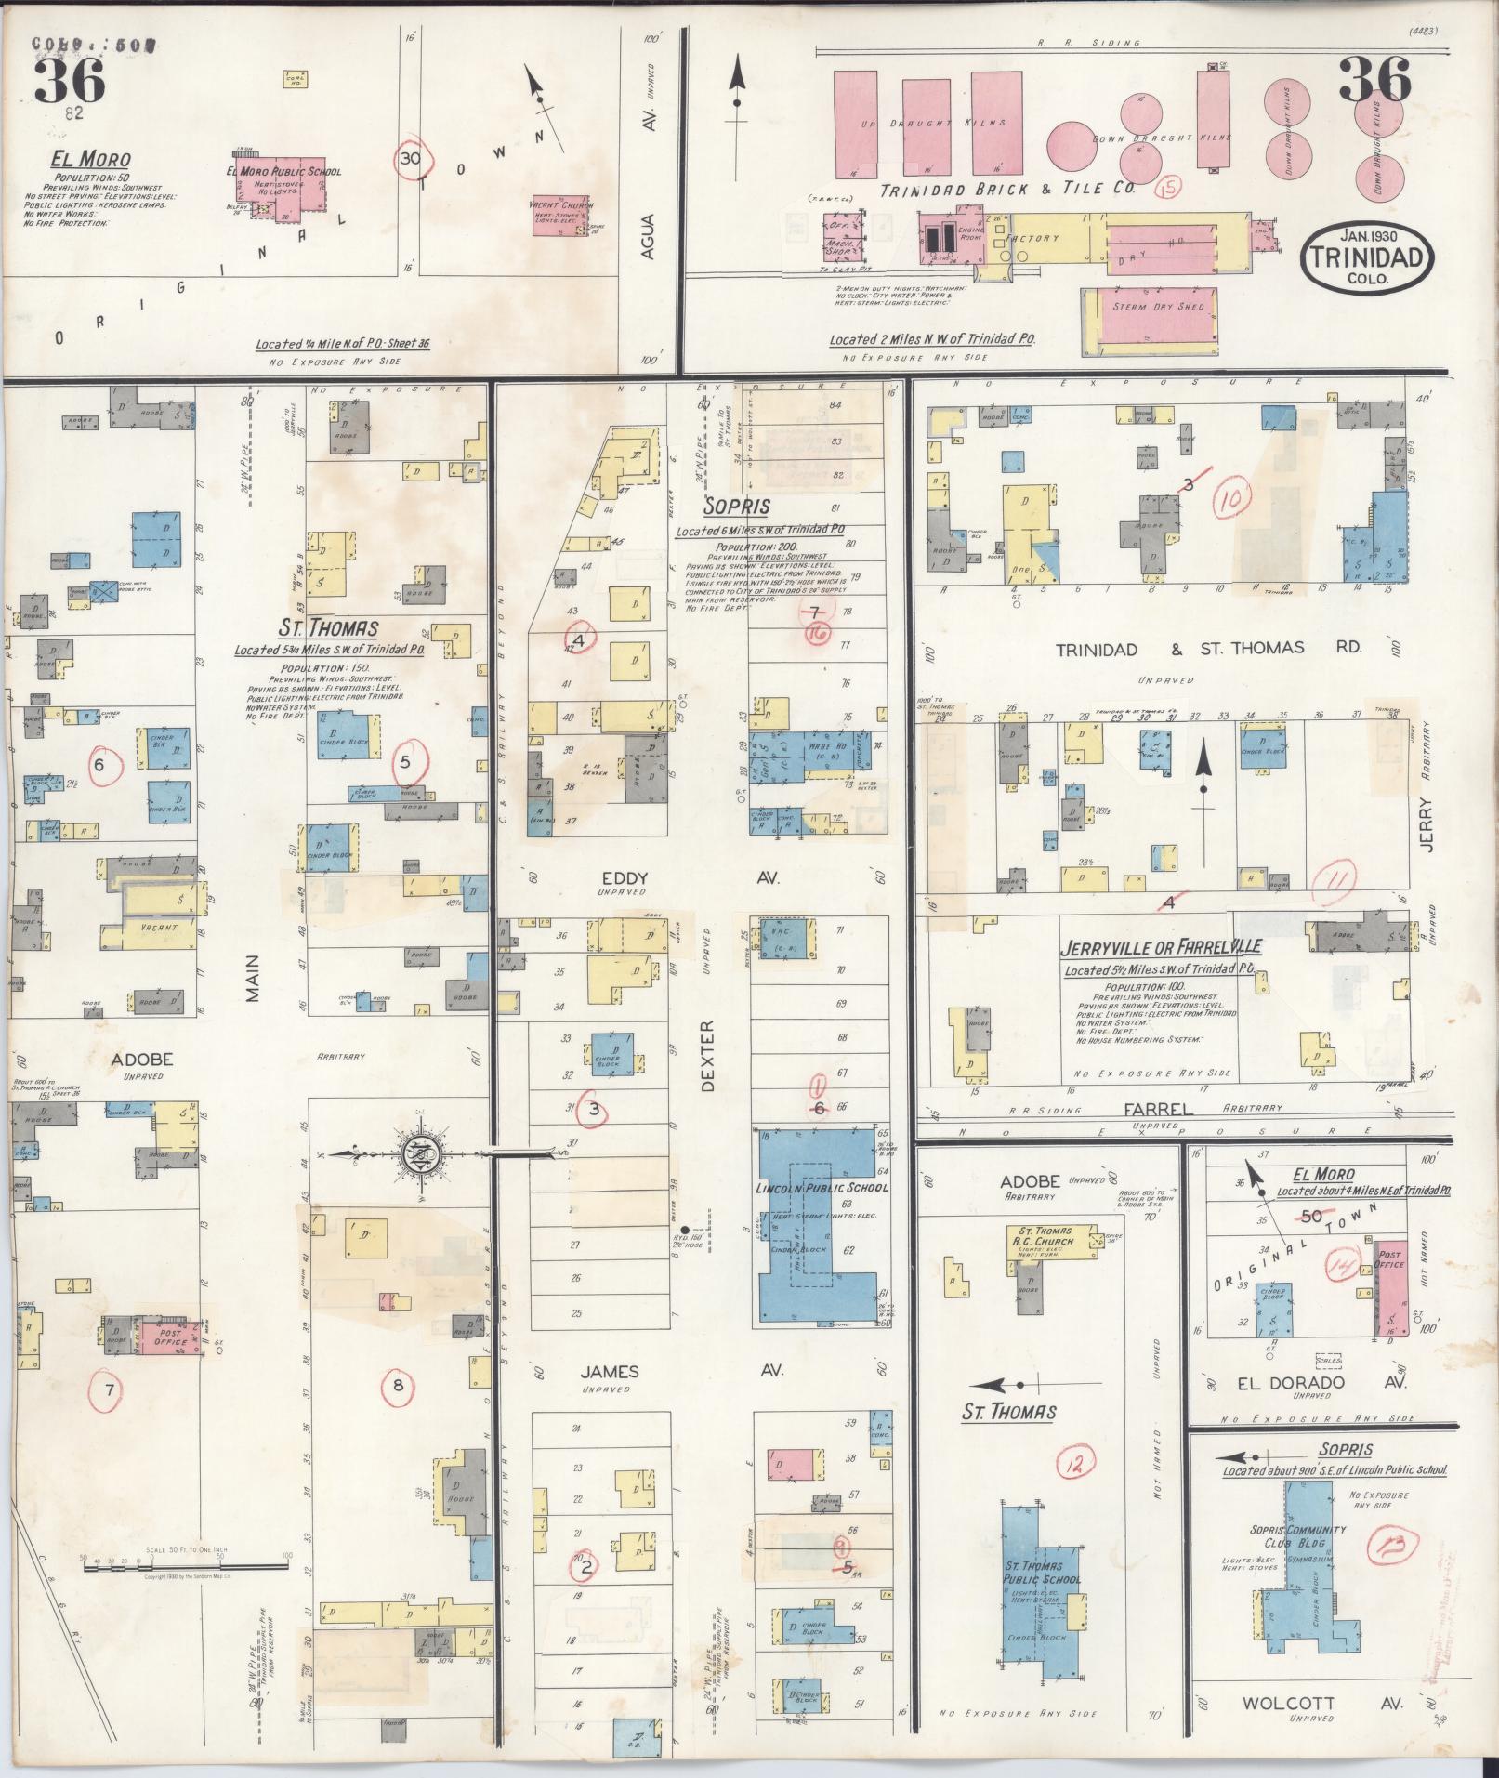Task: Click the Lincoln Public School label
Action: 822,1187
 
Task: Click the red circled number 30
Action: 410,159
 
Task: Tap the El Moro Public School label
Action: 283,172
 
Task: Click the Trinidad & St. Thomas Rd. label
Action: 1207,648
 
